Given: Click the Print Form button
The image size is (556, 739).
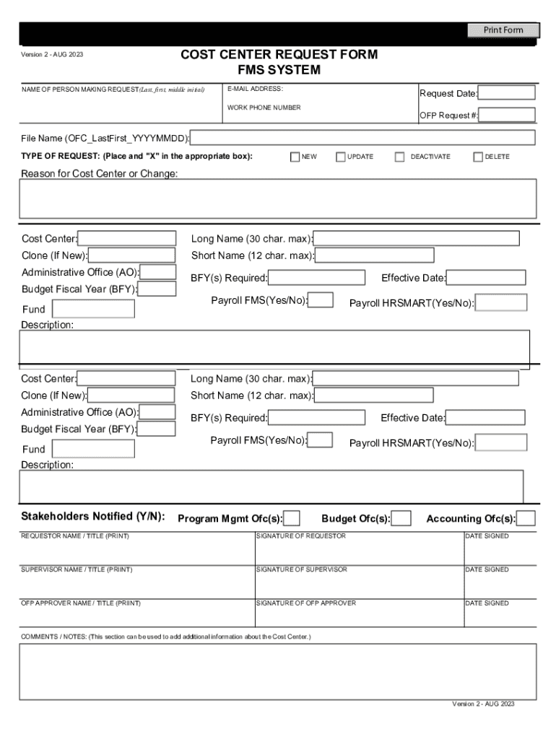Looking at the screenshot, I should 503,30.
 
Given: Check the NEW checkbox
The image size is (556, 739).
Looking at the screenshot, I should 295,157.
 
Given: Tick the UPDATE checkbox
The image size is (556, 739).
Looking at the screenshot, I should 341,157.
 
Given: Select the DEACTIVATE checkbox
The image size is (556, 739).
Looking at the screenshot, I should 399,157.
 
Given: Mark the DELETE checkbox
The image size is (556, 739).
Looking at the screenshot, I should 478,157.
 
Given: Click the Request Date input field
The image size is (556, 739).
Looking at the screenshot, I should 506,93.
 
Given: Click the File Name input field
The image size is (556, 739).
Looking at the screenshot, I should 362,138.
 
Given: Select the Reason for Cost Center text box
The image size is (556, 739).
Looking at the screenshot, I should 278,198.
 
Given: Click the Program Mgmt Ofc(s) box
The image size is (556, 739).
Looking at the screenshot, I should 292,518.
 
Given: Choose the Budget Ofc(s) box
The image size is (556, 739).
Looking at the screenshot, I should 401,518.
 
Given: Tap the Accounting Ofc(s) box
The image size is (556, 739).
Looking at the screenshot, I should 526,518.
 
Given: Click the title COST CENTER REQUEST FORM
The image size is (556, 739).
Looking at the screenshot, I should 279,55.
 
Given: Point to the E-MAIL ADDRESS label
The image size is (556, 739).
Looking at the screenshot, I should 255,89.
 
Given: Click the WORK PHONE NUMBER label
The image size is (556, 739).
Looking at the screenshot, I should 264,108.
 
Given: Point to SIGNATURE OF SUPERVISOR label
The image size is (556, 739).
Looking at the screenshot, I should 302,570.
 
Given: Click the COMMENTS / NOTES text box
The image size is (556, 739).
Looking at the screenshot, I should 278,671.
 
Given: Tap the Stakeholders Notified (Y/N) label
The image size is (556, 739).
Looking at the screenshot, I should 92,517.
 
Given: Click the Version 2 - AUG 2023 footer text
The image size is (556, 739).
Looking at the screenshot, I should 483,704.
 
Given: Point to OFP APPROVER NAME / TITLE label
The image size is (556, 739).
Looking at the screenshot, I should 81,603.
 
